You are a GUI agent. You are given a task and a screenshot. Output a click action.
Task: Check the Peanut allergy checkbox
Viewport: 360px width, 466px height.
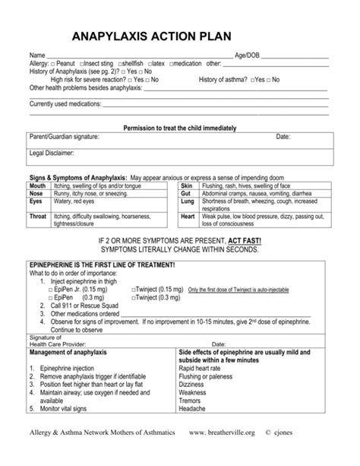[52, 64]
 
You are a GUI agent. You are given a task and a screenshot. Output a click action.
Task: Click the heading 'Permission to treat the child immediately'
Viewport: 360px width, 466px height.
[179, 127]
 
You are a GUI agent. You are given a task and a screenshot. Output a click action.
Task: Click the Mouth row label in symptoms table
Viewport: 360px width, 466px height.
[37, 185]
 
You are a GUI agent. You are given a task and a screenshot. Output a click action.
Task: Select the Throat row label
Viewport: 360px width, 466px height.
[38, 217]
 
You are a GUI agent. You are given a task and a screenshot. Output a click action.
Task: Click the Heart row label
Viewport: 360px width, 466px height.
[188, 217]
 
